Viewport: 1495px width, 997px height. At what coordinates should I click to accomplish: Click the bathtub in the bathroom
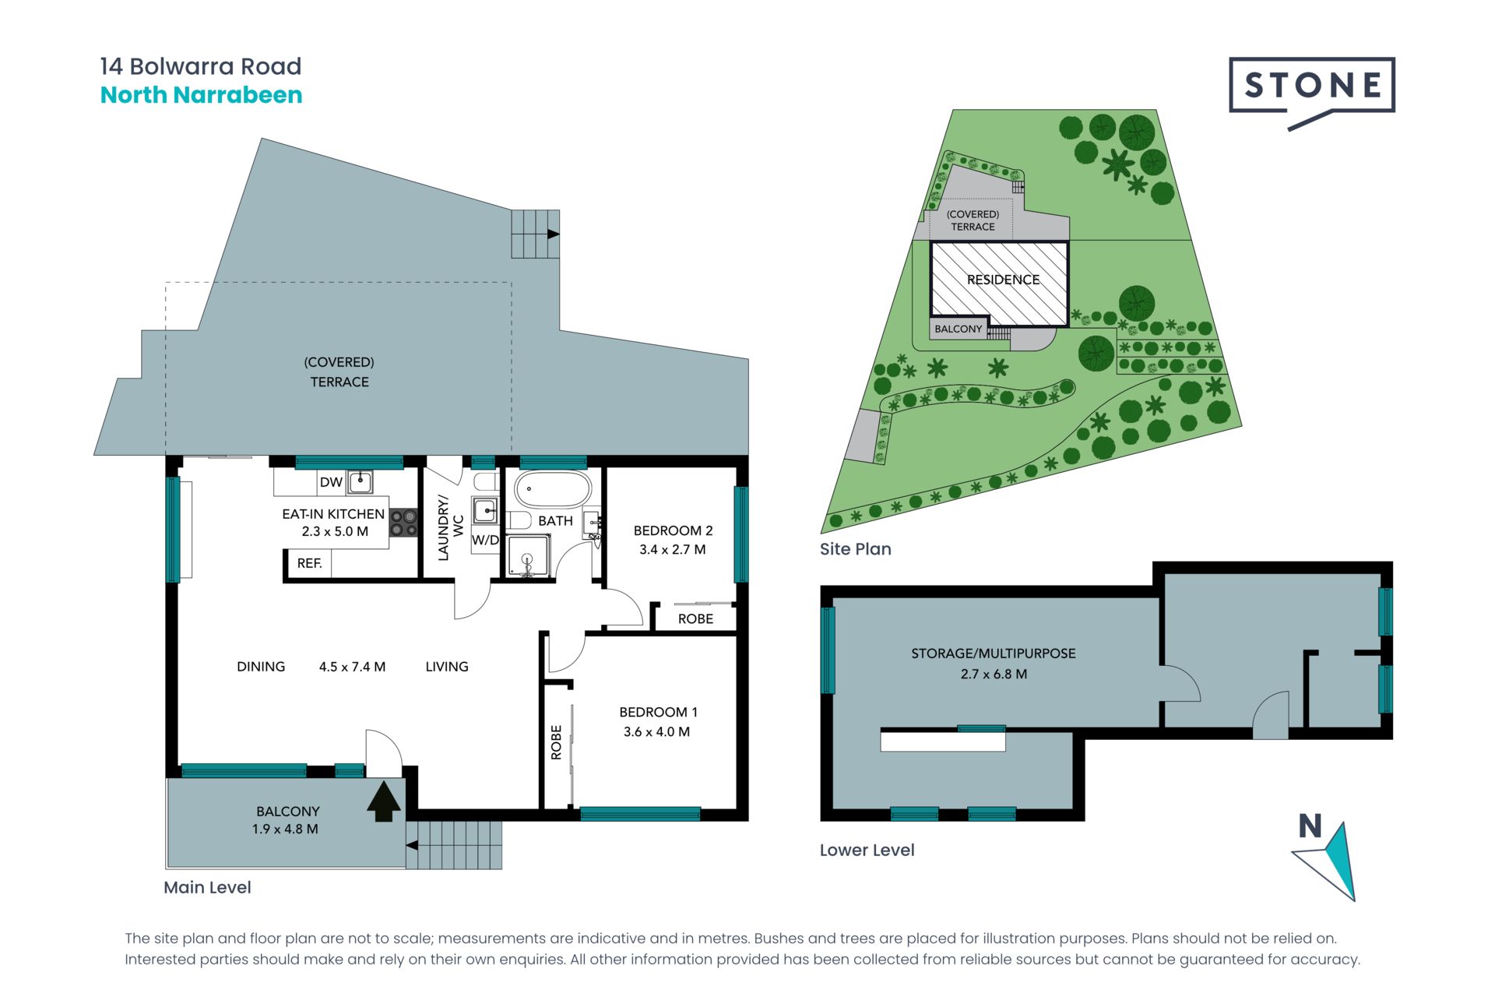pyautogui.click(x=553, y=488)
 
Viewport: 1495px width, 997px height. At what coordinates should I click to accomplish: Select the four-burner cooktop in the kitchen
pyautogui.click(x=403, y=523)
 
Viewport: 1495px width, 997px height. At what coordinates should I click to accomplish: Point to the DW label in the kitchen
pyautogui.click(x=331, y=482)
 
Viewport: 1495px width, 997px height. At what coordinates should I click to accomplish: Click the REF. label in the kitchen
pyautogui.click(x=309, y=563)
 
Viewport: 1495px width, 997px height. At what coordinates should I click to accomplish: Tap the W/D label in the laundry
pyautogui.click(x=485, y=540)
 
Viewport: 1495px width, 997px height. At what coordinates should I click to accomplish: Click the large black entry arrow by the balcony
pyautogui.click(x=384, y=801)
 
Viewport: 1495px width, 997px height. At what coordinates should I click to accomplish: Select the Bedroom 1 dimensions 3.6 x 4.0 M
pyautogui.click(x=656, y=731)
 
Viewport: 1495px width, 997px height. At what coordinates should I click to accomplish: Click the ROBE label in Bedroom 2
pyautogui.click(x=695, y=618)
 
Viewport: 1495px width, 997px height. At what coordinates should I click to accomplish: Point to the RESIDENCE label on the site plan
pyautogui.click(x=1003, y=280)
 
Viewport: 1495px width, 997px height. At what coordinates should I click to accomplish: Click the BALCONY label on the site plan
pyautogui.click(x=958, y=329)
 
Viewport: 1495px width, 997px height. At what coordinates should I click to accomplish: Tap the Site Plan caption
pyautogui.click(x=855, y=549)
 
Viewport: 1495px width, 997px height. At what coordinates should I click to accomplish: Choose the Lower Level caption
pyautogui.click(x=867, y=850)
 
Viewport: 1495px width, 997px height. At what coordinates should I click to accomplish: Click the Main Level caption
pyautogui.click(x=207, y=887)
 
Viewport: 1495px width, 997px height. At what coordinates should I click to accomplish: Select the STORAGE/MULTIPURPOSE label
pyautogui.click(x=994, y=654)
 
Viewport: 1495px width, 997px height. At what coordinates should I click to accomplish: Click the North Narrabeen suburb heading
pyautogui.click(x=201, y=95)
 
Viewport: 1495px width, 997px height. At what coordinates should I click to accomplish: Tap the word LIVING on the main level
pyautogui.click(x=447, y=667)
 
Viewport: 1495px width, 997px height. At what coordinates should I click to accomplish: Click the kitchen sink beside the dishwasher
pyautogui.click(x=360, y=482)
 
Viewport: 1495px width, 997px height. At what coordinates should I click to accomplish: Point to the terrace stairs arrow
pyautogui.click(x=554, y=234)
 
